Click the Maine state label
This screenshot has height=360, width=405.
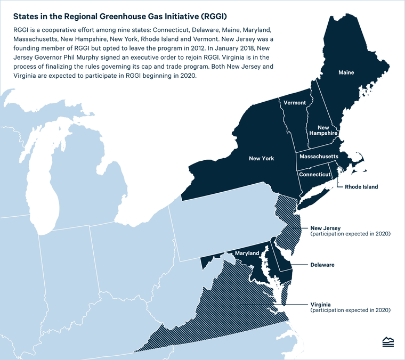pos(346,72)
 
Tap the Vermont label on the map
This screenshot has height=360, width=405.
pos(295,102)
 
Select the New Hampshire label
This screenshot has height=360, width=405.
pos(323,131)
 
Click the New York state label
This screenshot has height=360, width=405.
pos(261,158)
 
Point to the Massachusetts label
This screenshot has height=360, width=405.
pos(319,157)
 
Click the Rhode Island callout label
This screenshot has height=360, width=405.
pos(361,187)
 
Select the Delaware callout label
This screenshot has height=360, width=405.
pos(322,265)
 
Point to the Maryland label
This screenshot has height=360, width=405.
pos(247,253)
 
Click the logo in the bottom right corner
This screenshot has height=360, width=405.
pos(388,342)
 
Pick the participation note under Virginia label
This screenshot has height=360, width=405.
pos(351,310)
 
